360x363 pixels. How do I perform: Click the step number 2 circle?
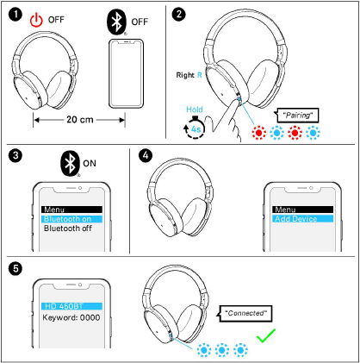tap(178, 14)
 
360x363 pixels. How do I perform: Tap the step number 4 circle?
tap(145, 156)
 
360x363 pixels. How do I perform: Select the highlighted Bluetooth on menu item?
tap(71, 220)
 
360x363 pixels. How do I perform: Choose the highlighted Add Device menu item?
tap(302, 220)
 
